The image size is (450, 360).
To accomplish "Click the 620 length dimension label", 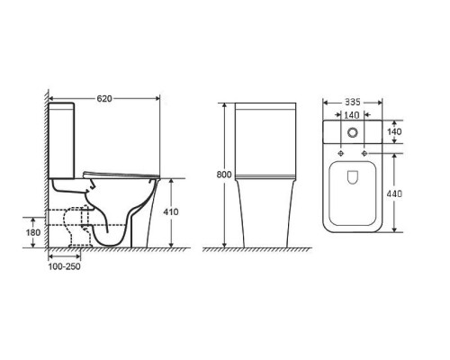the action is point(104,98).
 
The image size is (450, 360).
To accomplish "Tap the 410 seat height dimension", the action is point(170,211).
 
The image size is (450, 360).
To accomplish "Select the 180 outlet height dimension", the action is point(33,232).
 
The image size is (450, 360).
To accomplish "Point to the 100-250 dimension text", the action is point(64,266).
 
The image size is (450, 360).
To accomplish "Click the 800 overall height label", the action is point(224,175).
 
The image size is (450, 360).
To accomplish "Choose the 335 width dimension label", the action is point(352,102).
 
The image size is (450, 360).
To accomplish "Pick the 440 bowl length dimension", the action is point(394,193).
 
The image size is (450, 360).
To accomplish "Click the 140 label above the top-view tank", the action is point(352,115).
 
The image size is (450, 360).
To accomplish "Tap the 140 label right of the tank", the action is point(394,131).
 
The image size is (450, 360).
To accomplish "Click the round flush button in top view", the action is point(353,132).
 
